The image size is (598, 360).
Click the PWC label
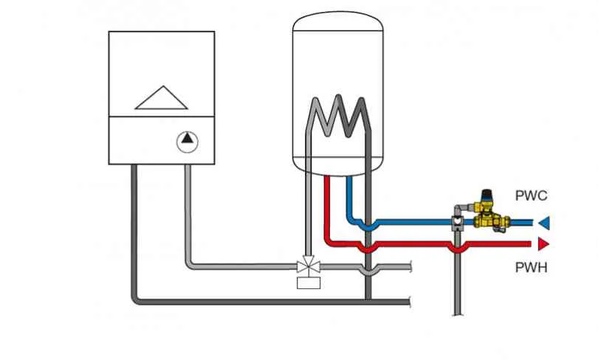(531, 195)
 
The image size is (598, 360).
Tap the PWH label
(531, 268)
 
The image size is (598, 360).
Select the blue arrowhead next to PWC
(544, 223)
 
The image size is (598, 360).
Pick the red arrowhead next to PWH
(544, 243)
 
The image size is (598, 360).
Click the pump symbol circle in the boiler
(188, 142)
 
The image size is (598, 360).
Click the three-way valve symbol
(308, 265)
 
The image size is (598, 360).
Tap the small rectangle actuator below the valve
(309, 283)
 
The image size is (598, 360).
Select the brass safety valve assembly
(490, 213)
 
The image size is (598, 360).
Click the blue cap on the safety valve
(486, 194)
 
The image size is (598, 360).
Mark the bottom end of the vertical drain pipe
(457, 315)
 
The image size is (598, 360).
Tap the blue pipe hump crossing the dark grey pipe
(368, 226)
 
